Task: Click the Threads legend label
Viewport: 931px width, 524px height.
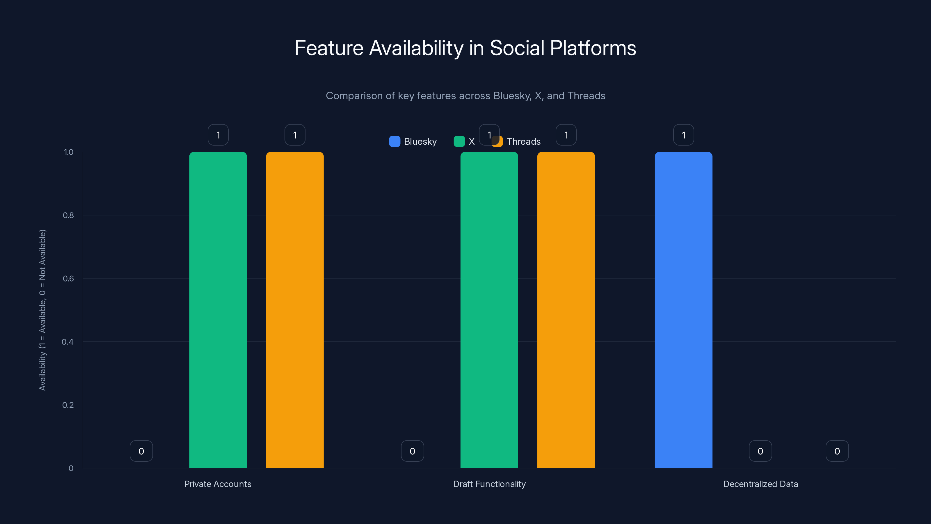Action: (523, 141)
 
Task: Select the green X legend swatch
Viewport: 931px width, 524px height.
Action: (459, 141)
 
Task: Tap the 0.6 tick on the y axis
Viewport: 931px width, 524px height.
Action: (68, 279)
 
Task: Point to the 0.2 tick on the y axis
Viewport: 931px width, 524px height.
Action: (68, 405)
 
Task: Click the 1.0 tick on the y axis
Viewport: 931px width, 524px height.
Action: (68, 152)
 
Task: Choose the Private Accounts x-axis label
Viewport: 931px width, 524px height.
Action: (218, 484)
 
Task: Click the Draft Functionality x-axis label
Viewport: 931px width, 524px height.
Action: (489, 484)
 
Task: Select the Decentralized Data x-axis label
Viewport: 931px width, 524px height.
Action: (761, 484)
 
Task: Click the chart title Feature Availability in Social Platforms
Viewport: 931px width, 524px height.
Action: (465, 48)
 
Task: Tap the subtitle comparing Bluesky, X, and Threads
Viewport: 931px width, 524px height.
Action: (465, 95)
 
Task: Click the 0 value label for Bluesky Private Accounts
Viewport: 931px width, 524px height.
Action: (141, 451)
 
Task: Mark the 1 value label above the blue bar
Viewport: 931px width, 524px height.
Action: (683, 135)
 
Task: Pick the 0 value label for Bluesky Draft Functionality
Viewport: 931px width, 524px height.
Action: (412, 451)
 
